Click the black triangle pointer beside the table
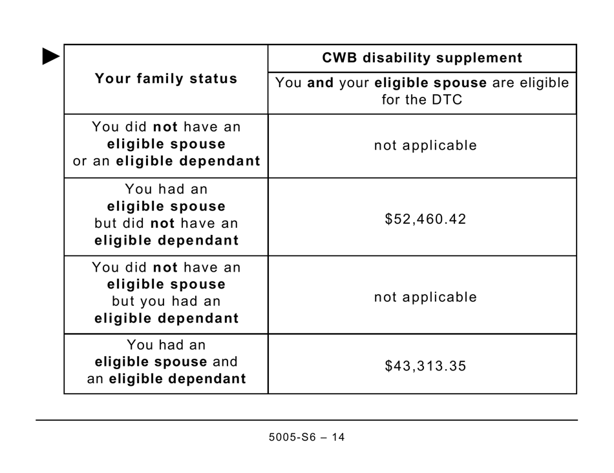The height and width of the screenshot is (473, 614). (51, 57)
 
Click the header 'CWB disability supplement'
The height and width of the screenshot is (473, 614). (422, 58)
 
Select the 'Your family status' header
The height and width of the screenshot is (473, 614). (166, 79)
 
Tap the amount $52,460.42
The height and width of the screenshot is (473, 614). (425, 219)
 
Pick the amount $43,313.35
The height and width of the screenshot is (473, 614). (425, 367)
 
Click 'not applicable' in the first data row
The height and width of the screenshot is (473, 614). (425, 146)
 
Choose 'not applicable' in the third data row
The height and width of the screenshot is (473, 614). (425, 297)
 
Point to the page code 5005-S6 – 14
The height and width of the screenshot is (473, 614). (307, 438)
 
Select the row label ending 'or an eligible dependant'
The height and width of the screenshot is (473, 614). (166, 145)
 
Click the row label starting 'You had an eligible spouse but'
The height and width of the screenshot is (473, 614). (166, 215)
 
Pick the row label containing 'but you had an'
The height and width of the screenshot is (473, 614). (166, 293)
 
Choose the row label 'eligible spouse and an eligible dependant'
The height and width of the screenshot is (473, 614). (166, 362)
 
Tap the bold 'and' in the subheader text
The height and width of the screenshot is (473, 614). (320, 83)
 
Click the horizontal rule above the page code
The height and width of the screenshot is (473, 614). (307, 420)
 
